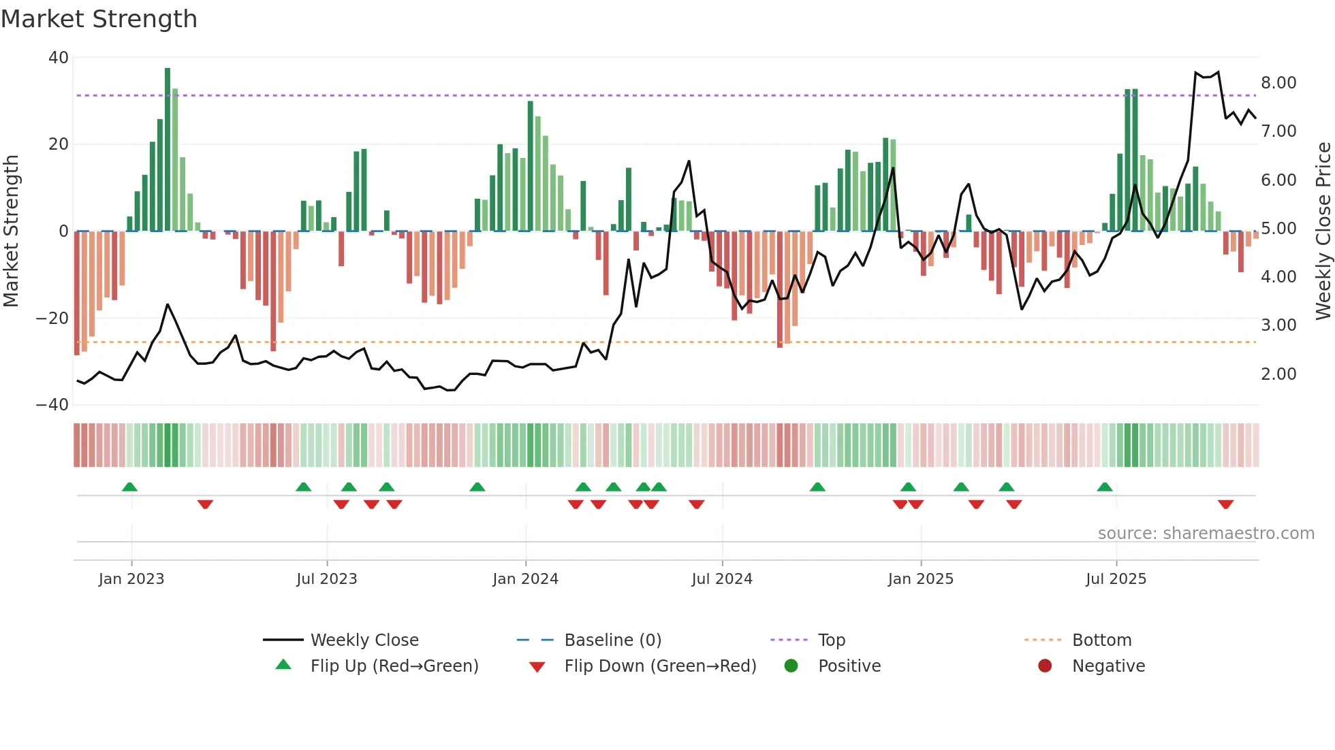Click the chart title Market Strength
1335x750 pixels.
click(99, 19)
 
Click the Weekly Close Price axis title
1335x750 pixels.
click(1323, 231)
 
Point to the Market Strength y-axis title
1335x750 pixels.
click(11, 231)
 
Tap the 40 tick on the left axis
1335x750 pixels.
click(59, 58)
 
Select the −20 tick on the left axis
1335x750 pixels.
click(52, 318)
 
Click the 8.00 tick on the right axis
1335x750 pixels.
click(1278, 83)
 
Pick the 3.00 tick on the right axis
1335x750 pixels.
click(1278, 325)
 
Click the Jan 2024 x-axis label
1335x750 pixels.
click(525, 579)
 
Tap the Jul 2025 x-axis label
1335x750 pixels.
click(1116, 579)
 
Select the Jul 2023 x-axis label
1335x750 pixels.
click(326, 579)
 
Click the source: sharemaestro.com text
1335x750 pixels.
click(1206, 534)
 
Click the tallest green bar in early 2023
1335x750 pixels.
click(168, 150)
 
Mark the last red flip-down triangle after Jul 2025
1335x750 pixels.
click(1225, 504)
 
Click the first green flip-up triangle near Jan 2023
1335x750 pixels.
click(129, 487)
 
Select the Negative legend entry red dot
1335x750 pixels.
click(1045, 666)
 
